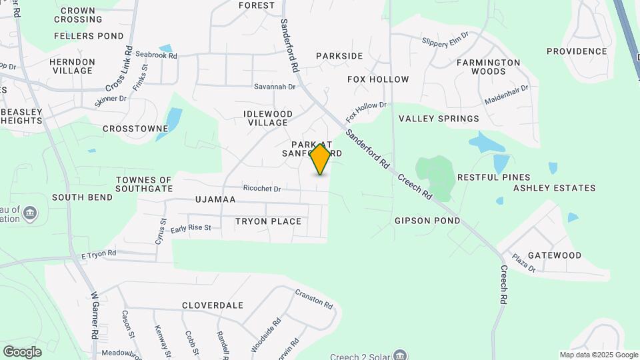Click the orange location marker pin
(x=321, y=159)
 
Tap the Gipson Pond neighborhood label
(x=427, y=221)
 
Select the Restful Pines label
(x=493, y=177)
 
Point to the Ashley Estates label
(x=554, y=188)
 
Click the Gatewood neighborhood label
(x=554, y=255)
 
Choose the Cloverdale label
(x=213, y=305)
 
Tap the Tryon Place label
(x=268, y=221)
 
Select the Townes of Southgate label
(x=144, y=184)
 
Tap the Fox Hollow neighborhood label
(x=378, y=79)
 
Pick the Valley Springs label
(x=439, y=119)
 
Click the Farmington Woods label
(x=488, y=67)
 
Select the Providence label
(x=577, y=51)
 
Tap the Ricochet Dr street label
(x=262, y=189)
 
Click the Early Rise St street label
(x=191, y=228)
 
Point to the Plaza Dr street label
(x=523, y=262)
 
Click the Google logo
(x=22, y=352)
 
